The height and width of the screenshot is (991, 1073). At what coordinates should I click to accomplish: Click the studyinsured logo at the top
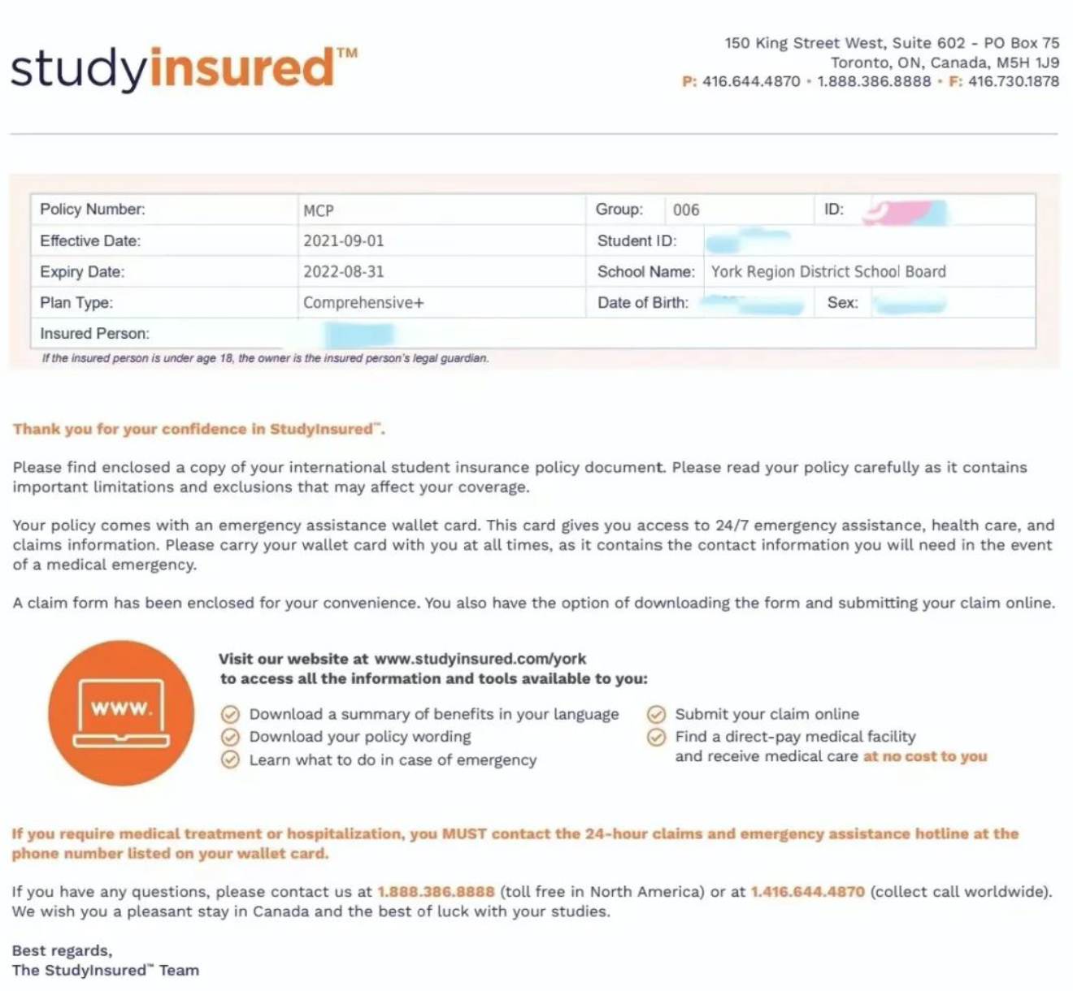point(183,68)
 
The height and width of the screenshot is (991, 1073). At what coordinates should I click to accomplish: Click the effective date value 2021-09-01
point(343,241)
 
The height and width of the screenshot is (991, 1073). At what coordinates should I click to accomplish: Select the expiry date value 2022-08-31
point(343,272)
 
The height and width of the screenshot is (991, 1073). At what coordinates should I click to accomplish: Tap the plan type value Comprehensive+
point(363,303)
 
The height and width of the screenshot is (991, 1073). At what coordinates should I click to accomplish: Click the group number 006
point(686,210)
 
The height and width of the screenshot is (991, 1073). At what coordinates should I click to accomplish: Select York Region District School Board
point(828,272)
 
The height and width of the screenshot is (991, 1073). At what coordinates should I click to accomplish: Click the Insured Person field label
point(94,334)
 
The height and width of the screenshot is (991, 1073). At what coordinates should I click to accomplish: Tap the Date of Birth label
point(642,303)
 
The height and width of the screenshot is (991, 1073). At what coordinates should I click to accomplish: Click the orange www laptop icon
point(121,712)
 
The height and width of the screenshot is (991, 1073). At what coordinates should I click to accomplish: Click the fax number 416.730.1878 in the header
point(1014,82)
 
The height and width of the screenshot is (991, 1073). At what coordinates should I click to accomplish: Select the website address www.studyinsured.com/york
point(480,659)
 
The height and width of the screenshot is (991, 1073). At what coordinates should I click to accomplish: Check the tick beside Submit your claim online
point(656,715)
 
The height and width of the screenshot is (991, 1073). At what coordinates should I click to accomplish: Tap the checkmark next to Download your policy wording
point(231,737)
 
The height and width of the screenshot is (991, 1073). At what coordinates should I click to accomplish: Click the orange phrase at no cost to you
point(925,757)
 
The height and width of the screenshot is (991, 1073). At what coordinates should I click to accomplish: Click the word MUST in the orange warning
point(463,834)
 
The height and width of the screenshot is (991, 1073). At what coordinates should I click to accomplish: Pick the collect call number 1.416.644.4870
point(808,892)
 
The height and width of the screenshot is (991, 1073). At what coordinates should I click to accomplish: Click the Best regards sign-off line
point(63,951)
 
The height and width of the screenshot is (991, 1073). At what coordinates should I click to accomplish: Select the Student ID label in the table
point(636,241)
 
